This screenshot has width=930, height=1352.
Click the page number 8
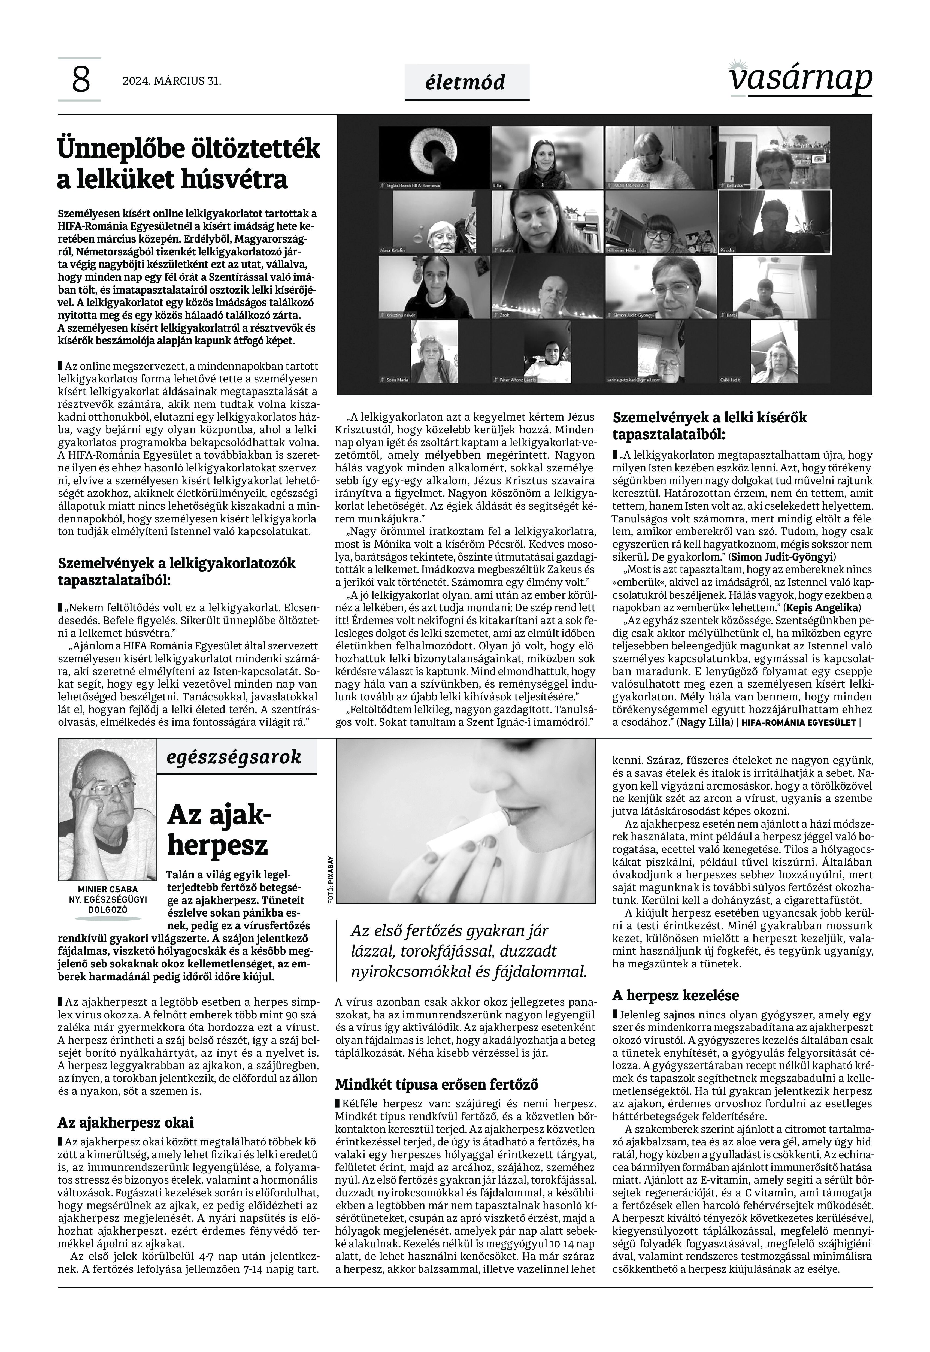click(x=80, y=80)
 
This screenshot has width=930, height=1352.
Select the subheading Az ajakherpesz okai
click(x=125, y=1122)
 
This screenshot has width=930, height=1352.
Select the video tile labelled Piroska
click(x=774, y=223)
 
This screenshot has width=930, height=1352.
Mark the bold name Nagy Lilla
click(x=704, y=723)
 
